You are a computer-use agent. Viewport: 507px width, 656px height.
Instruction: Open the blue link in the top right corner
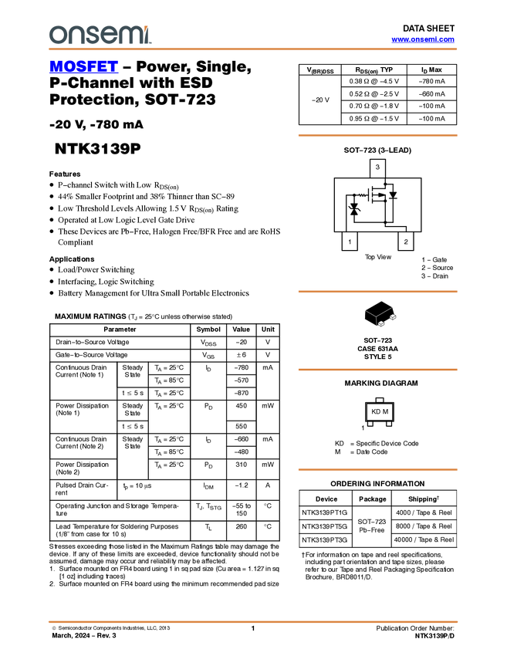click(x=423, y=39)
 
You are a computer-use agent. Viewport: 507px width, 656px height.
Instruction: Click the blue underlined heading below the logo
click(x=83, y=67)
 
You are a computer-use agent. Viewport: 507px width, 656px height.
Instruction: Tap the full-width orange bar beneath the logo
click(x=253, y=49)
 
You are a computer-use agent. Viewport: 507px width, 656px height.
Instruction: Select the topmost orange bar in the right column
click(x=377, y=135)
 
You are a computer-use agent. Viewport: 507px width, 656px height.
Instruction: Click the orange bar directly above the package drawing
click(x=377, y=292)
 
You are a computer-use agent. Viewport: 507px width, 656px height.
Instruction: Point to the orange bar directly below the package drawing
click(x=377, y=370)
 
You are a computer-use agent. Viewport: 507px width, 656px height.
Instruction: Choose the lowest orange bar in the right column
click(x=377, y=469)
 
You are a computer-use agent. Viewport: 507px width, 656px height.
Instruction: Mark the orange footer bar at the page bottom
click(x=253, y=621)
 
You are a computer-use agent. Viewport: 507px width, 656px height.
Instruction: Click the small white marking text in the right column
click(x=362, y=195)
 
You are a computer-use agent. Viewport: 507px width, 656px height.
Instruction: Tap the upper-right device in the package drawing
click(x=393, y=317)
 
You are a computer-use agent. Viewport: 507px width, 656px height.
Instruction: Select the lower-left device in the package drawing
click(x=381, y=324)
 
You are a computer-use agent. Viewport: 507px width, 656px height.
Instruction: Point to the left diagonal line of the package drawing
click(x=370, y=313)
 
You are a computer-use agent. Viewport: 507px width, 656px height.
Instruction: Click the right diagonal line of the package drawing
click(x=385, y=311)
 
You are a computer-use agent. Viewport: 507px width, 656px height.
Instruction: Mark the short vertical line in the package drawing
click(x=377, y=321)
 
